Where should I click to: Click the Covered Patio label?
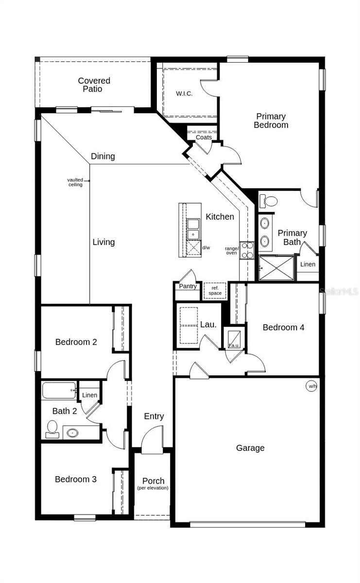coord(94,85)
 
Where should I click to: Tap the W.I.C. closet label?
coord(184,94)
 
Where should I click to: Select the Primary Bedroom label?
coord(271,120)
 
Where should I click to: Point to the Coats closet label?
coord(204,137)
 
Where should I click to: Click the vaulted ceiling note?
coord(75,182)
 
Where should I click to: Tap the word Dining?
coord(103,156)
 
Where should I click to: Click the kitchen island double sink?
coord(193,229)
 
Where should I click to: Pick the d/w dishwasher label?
coord(206,248)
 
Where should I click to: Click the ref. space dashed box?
coord(215,291)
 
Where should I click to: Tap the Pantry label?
coord(188,286)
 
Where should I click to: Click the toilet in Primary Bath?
coord(269,200)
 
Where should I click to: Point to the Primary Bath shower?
coord(276,268)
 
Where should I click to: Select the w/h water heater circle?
coord(311,386)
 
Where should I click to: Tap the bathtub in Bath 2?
coord(59,390)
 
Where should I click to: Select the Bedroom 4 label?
coord(283,327)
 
